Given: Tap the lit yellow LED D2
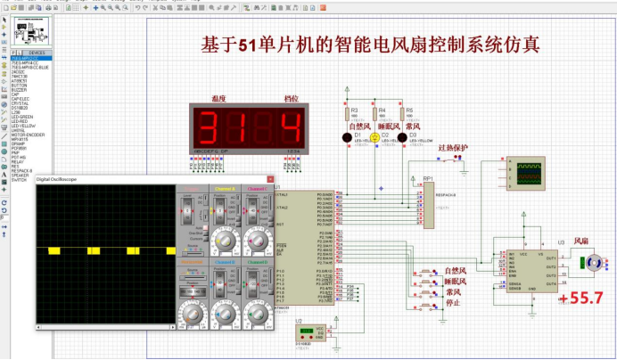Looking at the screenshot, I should coord(374,136).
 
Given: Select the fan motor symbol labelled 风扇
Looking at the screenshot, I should coord(589,261).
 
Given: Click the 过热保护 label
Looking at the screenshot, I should coord(452,148).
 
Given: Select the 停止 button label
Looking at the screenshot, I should coord(454,303).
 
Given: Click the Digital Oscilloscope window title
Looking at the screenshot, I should coord(57,179).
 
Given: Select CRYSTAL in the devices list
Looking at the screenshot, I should coord(20,103).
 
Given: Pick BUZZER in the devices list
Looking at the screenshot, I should coord(19,89).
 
